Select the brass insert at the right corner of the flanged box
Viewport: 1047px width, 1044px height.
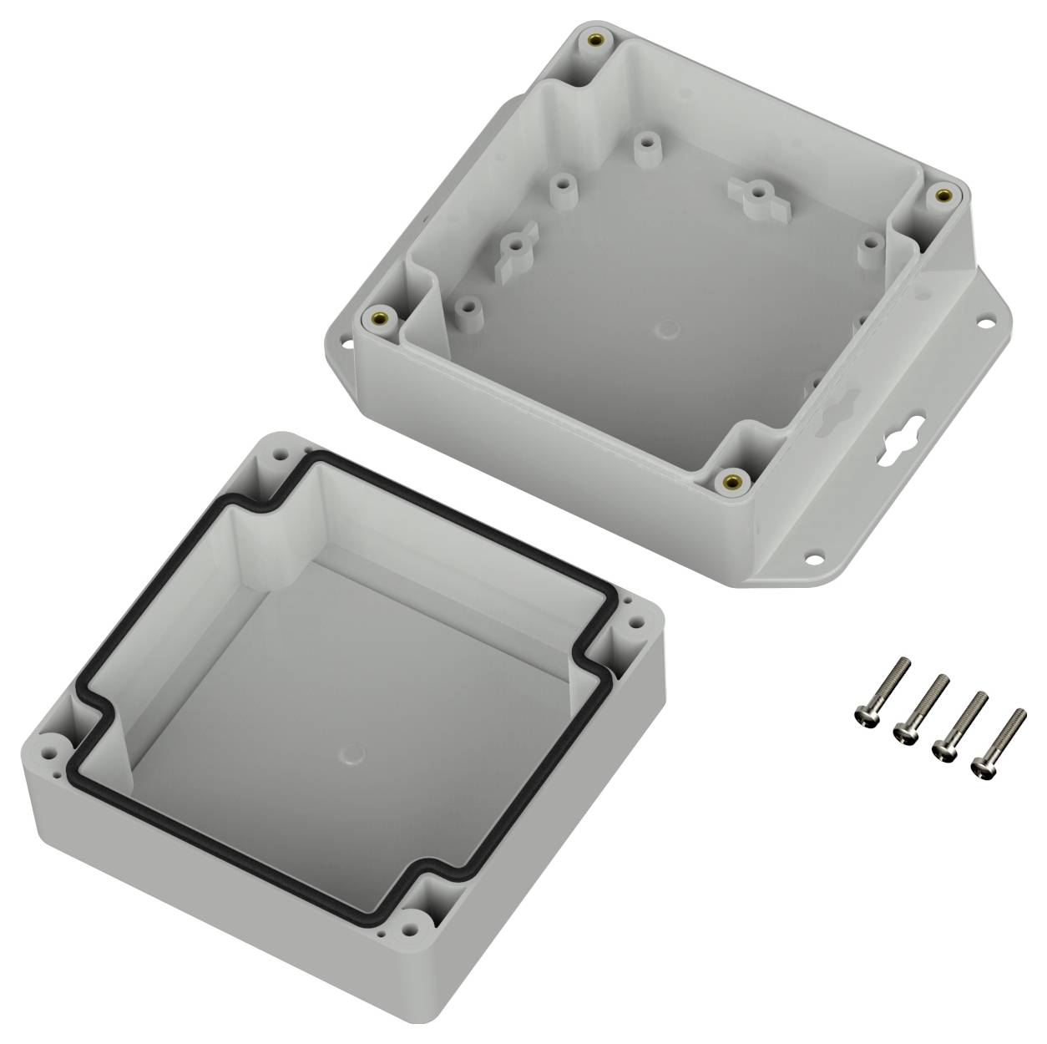click(943, 195)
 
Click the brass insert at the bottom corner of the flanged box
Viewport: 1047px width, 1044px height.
click(732, 479)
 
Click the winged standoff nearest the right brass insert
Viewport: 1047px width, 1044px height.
click(756, 194)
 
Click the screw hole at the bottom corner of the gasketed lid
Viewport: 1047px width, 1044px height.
click(408, 927)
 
